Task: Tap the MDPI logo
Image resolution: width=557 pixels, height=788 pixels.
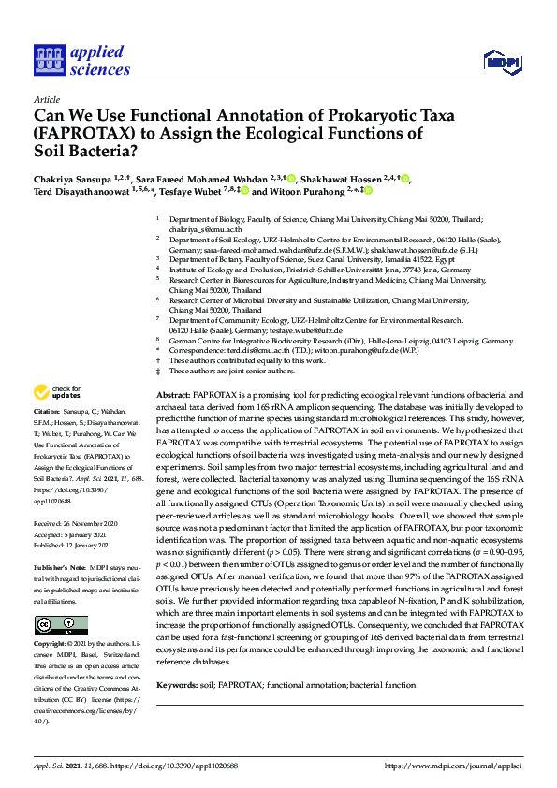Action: [x=502, y=62]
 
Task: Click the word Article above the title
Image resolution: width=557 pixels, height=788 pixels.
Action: [x=46, y=99]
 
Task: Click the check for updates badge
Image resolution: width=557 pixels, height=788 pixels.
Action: [x=59, y=391]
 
